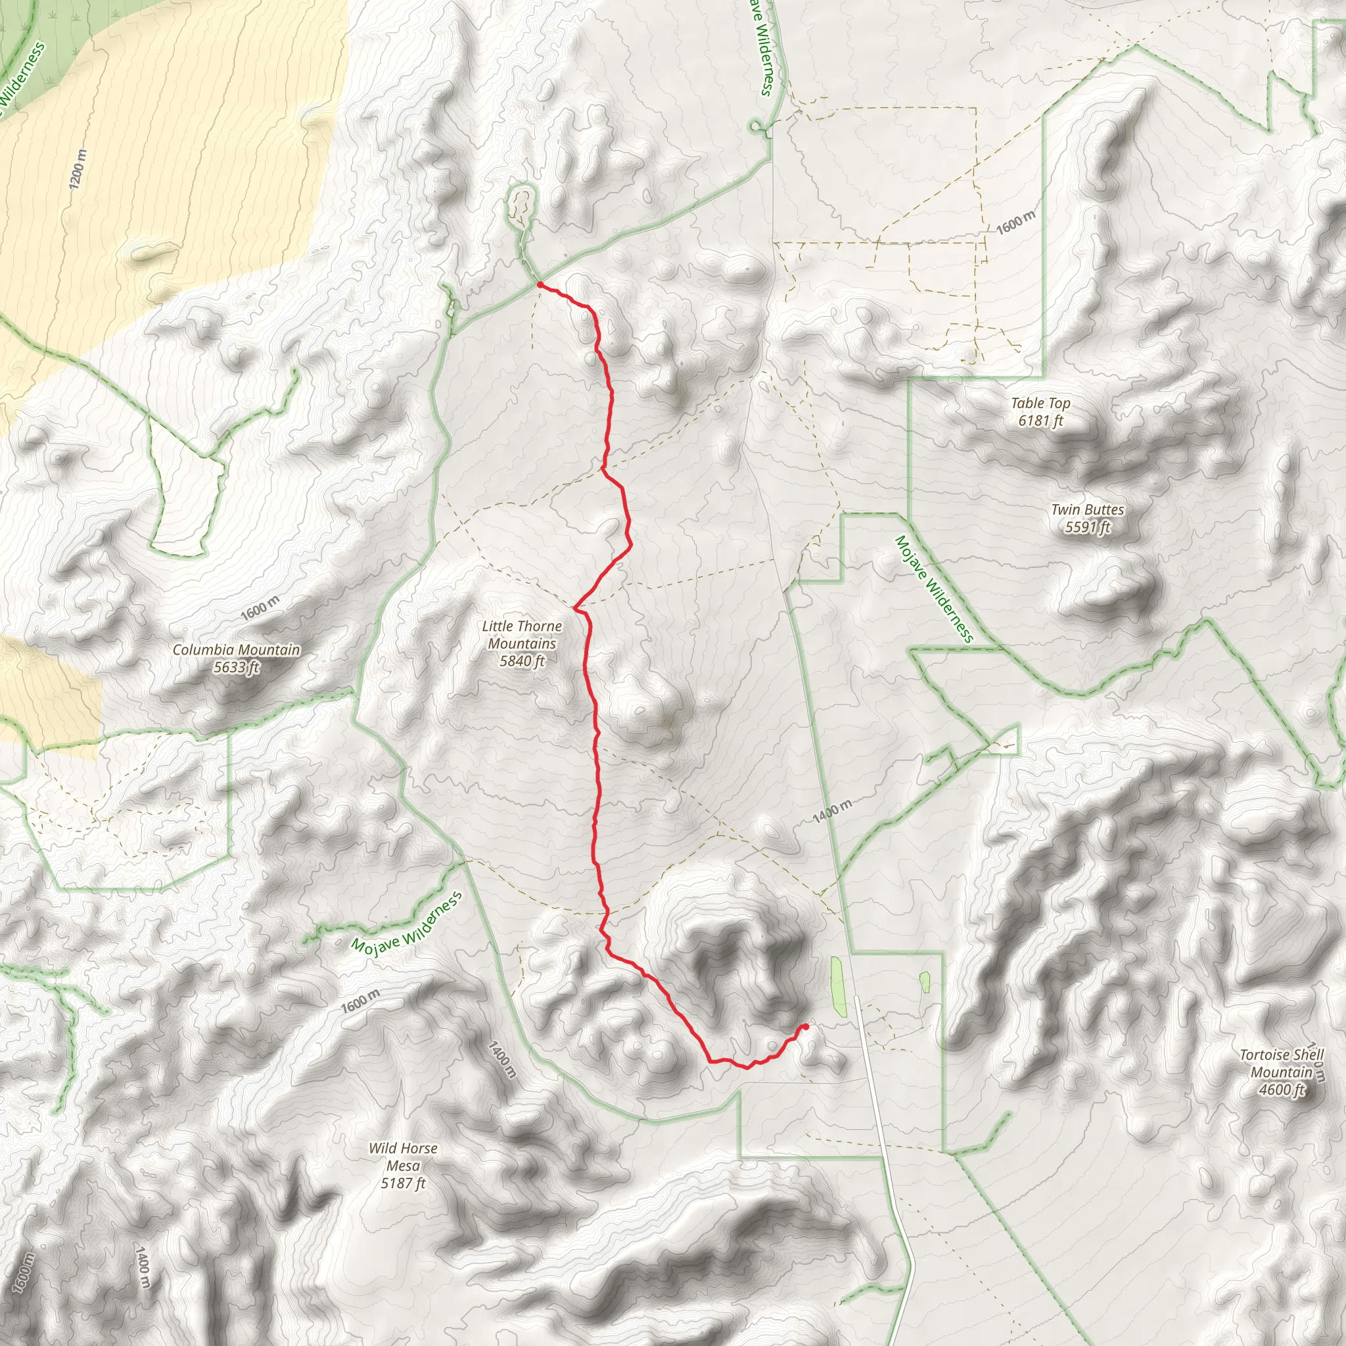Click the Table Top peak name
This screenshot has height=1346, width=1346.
(x=1040, y=403)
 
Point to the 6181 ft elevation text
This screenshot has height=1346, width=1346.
(x=1040, y=421)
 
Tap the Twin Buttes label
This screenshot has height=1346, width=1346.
(x=1087, y=510)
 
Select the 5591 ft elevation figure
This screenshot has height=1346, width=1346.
(x=1087, y=527)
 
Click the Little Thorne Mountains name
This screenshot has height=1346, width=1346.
(x=522, y=635)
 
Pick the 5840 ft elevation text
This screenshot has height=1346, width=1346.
(x=522, y=661)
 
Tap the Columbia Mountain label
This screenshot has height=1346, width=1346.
(x=236, y=650)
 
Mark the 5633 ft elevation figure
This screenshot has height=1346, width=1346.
(x=236, y=668)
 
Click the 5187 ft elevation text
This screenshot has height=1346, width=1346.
(x=403, y=1183)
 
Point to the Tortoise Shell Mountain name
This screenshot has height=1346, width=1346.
(x=1281, y=1063)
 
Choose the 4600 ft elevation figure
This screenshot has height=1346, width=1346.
(x=1281, y=1090)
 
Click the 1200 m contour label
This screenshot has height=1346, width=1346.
(x=78, y=170)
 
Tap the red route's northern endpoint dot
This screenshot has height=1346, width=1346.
(x=540, y=284)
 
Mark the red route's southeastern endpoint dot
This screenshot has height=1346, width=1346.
(x=805, y=1026)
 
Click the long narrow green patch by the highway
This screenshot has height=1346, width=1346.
(x=838, y=986)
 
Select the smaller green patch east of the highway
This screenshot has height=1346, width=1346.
(x=925, y=983)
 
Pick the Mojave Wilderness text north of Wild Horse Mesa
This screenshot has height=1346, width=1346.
(x=407, y=924)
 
